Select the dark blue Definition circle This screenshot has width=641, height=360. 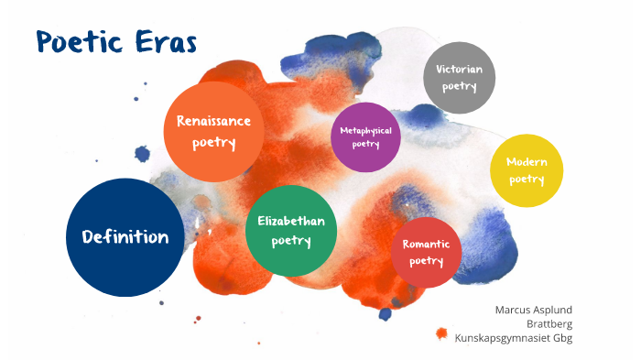125,237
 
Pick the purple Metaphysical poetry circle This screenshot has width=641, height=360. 365,137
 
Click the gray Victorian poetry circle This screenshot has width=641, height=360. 459,77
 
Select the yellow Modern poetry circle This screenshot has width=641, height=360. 527,170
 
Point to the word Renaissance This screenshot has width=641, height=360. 213,120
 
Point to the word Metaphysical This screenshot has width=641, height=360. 365,131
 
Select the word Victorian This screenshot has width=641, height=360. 459,69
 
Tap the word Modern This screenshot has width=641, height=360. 527,162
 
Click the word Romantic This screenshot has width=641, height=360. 426,245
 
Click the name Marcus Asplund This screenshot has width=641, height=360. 533,310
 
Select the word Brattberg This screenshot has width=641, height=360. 549,323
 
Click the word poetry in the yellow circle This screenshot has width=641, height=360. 527,180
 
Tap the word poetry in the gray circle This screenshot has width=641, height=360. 459,86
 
